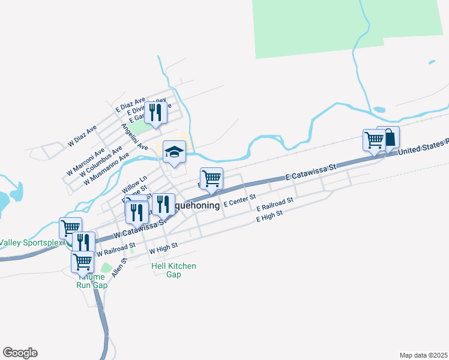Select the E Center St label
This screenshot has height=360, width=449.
[240, 200]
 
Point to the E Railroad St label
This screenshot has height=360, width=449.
[274, 204]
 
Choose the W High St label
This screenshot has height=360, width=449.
[163, 246]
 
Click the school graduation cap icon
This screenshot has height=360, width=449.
[174, 151]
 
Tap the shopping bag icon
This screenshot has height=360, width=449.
[388, 137]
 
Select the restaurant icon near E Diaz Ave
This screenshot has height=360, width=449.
[155, 112]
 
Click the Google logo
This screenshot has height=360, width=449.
[20, 353]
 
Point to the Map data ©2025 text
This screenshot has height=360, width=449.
[423, 355]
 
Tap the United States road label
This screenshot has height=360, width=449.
[423, 146]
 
